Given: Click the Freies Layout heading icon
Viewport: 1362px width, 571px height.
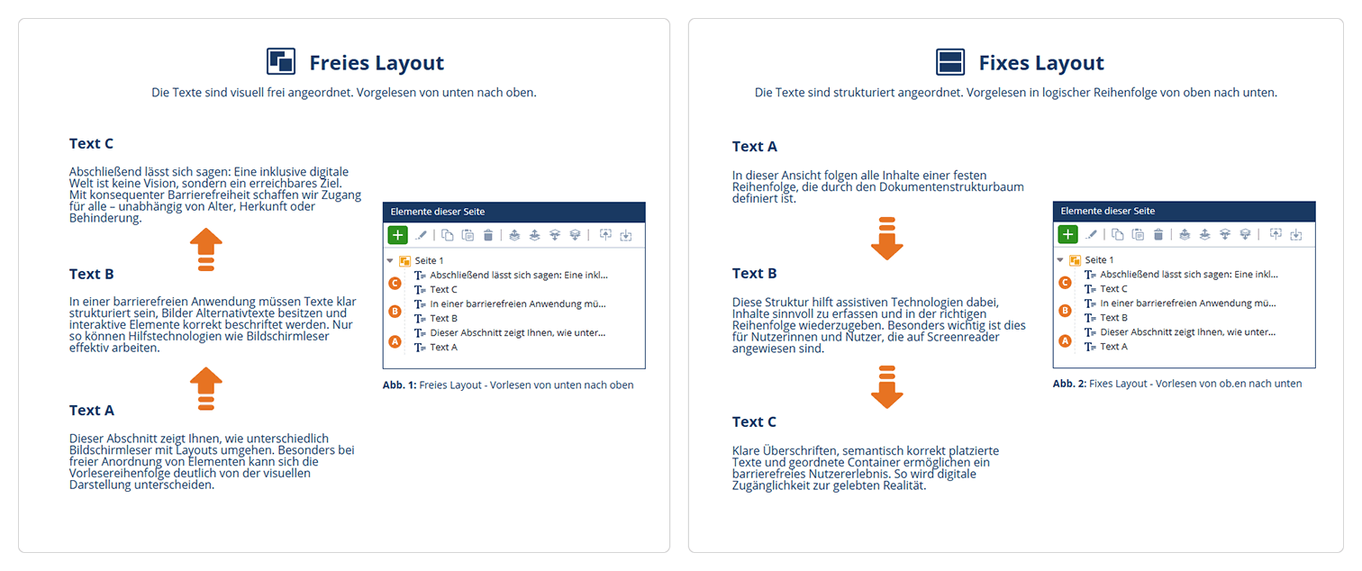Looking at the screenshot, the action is [281, 61].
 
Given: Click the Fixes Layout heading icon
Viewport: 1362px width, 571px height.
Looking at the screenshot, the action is [950, 62].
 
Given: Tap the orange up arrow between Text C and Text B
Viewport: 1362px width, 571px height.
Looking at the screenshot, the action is [206, 249].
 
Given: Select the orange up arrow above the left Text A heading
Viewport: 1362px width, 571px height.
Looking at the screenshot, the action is [206, 388].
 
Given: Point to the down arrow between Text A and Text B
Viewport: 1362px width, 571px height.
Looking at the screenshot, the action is [887, 239].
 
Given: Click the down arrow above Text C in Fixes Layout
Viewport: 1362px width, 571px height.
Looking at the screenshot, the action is [887, 386].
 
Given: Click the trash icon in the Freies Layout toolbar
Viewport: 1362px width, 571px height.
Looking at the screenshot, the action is [487, 235].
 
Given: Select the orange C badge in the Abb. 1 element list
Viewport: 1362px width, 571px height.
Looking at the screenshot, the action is [395, 283].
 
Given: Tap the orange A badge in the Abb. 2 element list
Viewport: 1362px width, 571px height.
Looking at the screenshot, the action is [1066, 340].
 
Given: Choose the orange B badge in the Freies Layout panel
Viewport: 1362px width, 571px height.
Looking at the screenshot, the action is [395, 312].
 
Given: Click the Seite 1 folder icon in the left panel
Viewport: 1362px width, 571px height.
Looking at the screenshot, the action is [405, 261].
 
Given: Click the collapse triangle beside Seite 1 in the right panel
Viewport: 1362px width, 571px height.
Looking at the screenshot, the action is [1060, 259].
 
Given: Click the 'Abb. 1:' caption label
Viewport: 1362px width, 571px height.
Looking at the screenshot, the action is [399, 385].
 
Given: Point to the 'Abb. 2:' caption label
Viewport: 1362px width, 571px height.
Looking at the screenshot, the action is [1069, 384].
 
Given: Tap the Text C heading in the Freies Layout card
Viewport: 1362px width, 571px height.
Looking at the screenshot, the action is [91, 143].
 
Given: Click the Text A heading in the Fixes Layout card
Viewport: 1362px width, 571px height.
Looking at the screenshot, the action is [755, 147].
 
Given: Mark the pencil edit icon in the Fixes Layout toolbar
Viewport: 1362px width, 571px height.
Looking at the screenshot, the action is [1092, 234].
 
